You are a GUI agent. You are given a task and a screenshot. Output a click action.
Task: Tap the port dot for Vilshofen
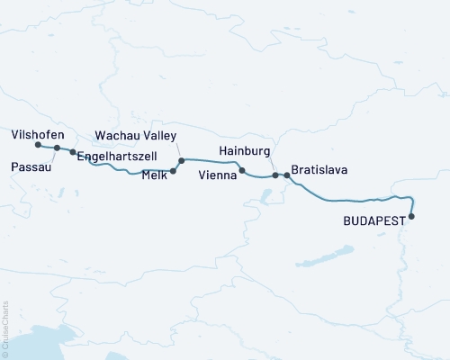tap(38, 145)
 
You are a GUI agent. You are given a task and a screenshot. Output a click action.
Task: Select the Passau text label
tap(31, 166)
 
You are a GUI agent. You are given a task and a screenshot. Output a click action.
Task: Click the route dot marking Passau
tap(57, 148)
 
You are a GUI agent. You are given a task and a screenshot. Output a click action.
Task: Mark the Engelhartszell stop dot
tap(73, 152)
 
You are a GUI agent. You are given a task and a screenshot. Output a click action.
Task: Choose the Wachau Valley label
tap(137, 137)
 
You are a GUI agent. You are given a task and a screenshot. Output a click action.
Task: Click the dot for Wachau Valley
tap(181, 162)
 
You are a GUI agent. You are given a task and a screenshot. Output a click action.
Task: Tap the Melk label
tap(154, 177)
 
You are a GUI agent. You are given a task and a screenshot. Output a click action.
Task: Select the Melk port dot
tap(173, 169)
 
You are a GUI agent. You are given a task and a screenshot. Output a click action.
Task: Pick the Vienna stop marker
tap(242, 169)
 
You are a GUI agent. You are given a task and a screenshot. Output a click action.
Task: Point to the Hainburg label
tap(245, 151)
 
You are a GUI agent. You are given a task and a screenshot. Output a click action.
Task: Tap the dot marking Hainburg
tap(275, 176)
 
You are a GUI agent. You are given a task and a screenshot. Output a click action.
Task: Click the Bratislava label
tap(319, 168)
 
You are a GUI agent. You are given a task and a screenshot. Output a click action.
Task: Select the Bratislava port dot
tap(287, 175)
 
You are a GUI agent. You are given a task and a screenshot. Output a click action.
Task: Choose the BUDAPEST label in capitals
tap(375, 220)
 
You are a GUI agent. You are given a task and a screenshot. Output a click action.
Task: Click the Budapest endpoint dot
tap(412, 216)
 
